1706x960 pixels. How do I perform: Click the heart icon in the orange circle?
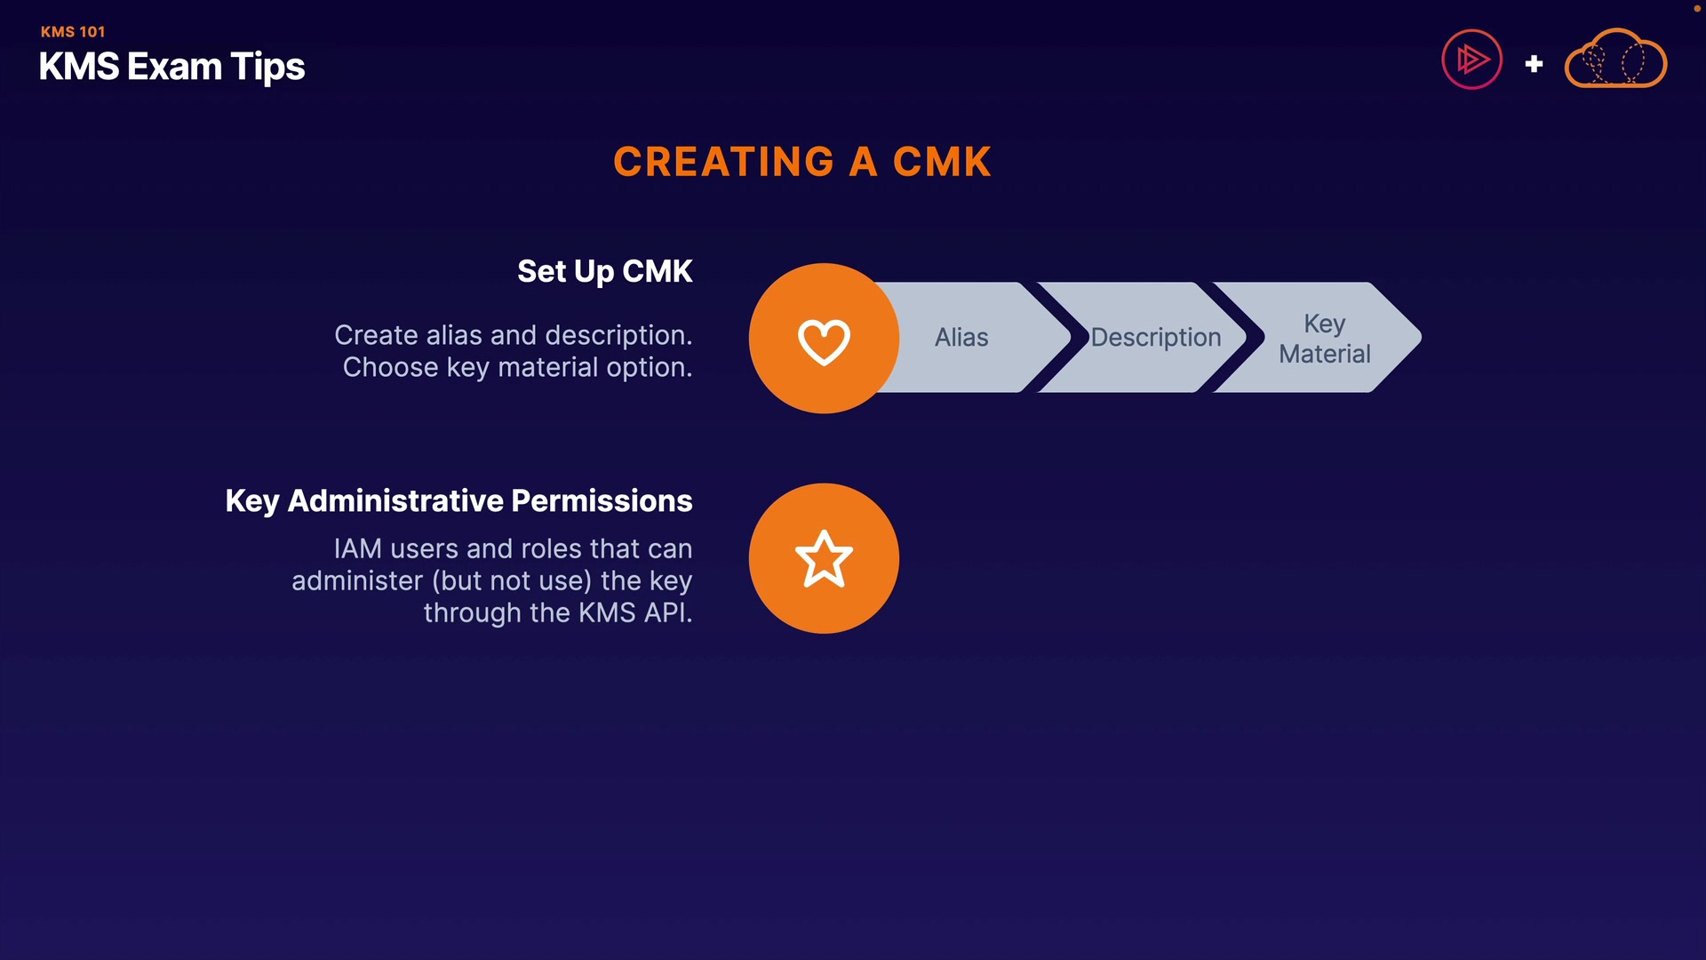click(824, 340)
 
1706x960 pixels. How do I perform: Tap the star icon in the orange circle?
click(824, 559)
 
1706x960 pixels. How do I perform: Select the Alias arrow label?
click(961, 338)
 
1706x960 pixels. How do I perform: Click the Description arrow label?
click(1155, 338)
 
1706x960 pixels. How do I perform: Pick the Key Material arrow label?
click(1324, 339)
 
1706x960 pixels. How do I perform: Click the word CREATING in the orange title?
click(723, 163)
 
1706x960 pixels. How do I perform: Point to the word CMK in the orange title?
click(942, 163)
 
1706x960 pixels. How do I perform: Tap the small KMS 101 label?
click(73, 32)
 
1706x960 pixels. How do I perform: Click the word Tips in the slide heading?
click(267, 68)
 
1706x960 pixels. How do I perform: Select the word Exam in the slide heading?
click(174, 68)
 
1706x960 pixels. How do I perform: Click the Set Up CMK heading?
click(604, 271)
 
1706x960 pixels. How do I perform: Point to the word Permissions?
click(602, 501)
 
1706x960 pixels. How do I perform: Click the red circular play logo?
click(1471, 60)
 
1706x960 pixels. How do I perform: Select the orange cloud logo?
click(1614, 60)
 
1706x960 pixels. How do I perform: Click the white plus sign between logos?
click(1534, 64)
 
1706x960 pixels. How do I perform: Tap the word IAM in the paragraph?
click(357, 549)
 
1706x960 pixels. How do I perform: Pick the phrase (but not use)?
click(512, 581)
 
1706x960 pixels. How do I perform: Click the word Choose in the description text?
click(390, 368)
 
